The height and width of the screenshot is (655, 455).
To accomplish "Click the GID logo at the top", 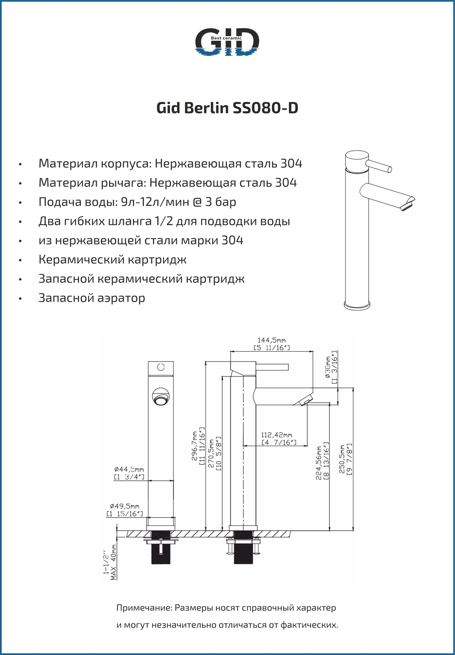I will pos(227,42).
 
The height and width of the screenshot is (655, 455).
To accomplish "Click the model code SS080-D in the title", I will pos(265,108).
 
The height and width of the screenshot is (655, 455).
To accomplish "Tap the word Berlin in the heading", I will pos(207,108).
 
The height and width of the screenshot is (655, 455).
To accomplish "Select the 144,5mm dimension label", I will pos(272,340).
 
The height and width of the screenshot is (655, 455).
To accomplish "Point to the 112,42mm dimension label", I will pos(277,435).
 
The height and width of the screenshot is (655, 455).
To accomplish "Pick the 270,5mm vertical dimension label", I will pos(211,454).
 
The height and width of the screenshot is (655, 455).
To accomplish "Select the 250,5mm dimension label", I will pos(341,459).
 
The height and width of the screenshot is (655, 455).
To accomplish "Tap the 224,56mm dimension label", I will pos(318,463).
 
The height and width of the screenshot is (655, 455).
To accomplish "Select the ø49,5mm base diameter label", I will pos(124,506).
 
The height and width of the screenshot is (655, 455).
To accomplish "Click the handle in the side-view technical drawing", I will pos(272,367).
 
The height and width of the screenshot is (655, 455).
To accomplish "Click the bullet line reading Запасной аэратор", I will pos(92,298).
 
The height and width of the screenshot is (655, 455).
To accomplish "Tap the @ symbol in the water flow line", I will pos(197,202).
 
